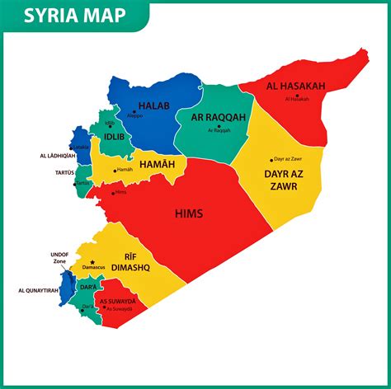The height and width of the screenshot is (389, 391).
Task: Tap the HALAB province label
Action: (x=153, y=105)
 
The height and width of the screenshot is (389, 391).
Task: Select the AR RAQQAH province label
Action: (x=219, y=117)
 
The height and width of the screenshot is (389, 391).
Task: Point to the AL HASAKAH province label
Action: (x=295, y=86)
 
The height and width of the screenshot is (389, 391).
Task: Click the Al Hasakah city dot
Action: (x=296, y=94)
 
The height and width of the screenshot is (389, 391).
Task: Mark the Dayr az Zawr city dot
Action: (x=271, y=160)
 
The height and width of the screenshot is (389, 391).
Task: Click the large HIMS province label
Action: (x=189, y=213)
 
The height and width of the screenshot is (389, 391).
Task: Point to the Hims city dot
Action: (x=113, y=187)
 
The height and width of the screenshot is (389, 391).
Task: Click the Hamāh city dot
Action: (x=115, y=170)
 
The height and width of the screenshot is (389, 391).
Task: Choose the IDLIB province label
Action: (x=115, y=137)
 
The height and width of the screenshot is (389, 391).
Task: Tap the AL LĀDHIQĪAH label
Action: (x=57, y=155)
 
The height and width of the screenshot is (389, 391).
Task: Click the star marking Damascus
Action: (x=93, y=262)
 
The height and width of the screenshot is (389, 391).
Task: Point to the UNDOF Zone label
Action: (x=59, y=258)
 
